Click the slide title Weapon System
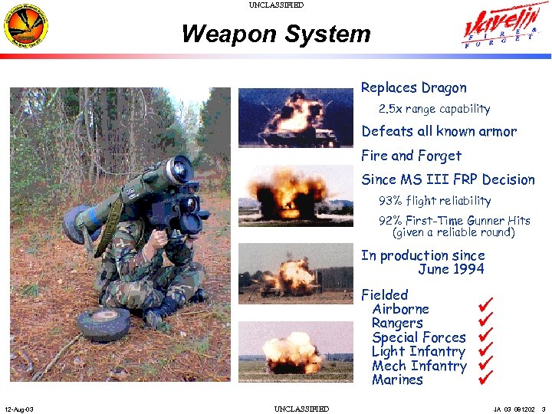276,34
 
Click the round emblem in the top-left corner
25,27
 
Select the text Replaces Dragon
413,88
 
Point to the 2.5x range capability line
434,109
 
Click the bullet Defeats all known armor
439,132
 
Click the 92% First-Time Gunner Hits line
455,221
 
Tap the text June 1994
451,269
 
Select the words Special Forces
419,337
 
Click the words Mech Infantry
419,366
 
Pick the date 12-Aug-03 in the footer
18,409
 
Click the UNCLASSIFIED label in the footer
301,409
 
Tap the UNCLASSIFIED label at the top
276,5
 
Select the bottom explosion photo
285,351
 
